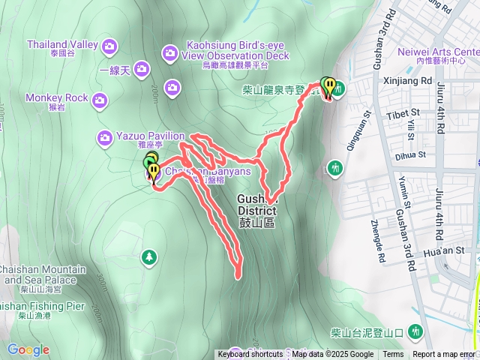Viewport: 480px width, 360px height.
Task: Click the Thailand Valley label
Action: click(x=62, y=49)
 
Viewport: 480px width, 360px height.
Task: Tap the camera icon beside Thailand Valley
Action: click(x=111, y=46)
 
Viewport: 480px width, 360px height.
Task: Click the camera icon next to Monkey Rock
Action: click(x=100, y=98)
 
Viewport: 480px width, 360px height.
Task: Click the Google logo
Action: click(x=28, y=349)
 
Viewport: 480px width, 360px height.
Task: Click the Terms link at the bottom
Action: click(x=393, y=355)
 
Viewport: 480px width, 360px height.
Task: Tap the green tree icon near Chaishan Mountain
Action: click(x=149, y=258)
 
